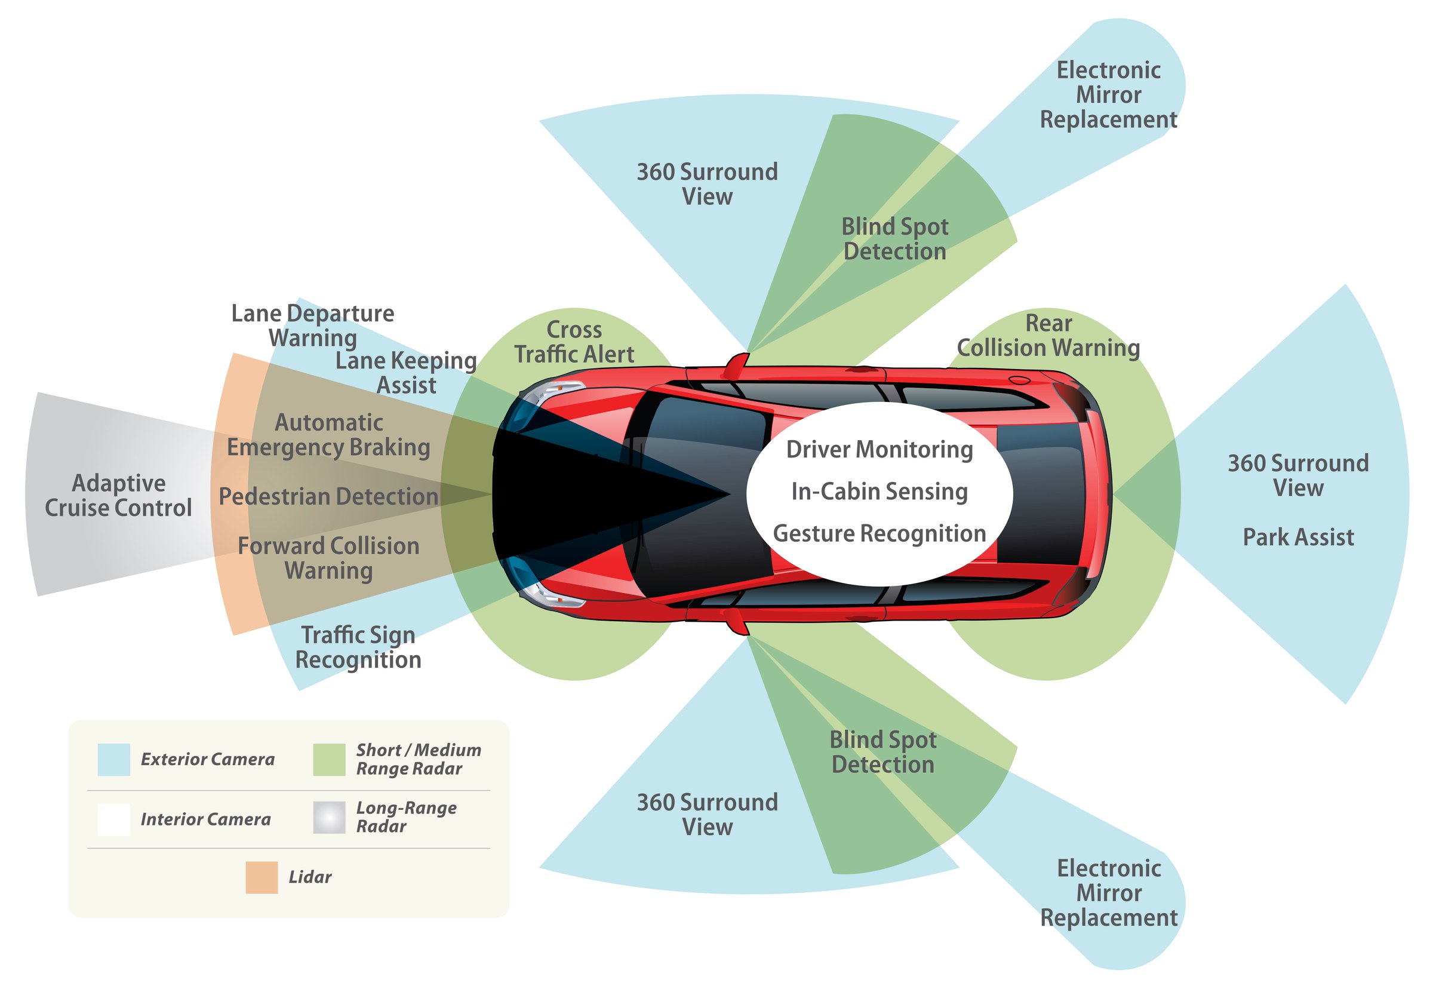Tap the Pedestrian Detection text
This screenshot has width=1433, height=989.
(x=328, y=496)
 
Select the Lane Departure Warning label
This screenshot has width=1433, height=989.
(x=312, y=325)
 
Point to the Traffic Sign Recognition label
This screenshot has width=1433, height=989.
(x=358, y=647)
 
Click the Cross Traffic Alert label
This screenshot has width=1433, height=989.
(x=574, y=342)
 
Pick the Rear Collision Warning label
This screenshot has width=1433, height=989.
(x=1048, y=335)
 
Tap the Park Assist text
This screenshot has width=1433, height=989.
(x=1298, y=537)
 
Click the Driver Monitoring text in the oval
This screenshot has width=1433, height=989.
(x=879, y=449)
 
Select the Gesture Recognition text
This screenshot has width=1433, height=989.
(x=879, y=533)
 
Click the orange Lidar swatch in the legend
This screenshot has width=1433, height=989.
(x=262, y=877)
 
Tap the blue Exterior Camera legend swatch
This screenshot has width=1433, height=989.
(x=113, y=759)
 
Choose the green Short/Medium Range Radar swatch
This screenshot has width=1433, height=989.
(x=329, y=759)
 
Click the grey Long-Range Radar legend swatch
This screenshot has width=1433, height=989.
(x=329, y=817)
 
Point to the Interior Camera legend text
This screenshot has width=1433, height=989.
(x=205, y=819)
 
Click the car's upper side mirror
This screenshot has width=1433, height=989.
(x=737, y=365)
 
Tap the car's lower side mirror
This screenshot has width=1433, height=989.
(x=737, y=622)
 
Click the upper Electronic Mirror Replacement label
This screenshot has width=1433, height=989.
(x=1108, y=94)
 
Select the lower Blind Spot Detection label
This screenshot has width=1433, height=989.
(x=882, y=752)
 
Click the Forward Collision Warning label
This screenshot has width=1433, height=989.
(x=328, y=558)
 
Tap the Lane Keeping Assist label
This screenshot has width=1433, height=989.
(x=406, y=373)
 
